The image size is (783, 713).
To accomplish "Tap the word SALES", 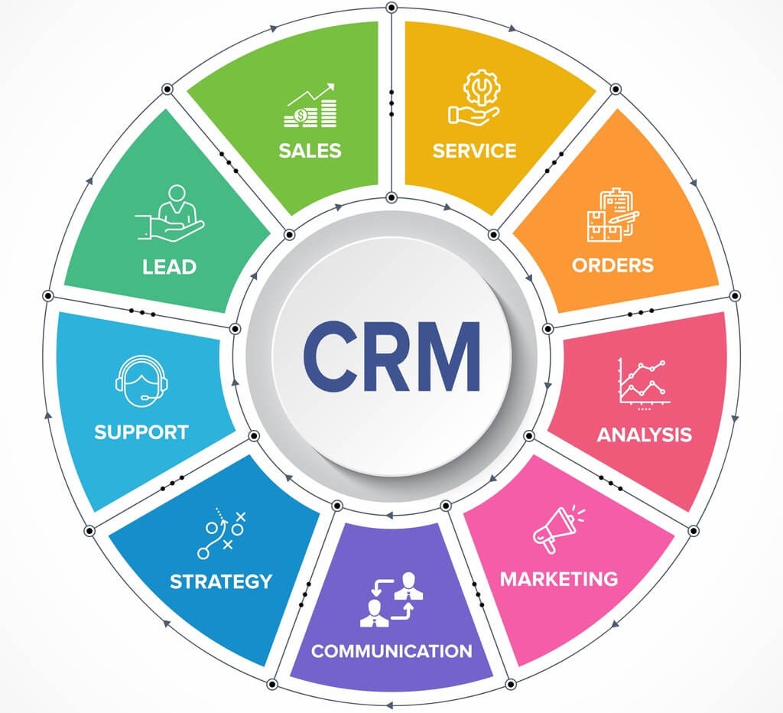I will pos(310,149).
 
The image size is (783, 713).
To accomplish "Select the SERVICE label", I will pos(474,150).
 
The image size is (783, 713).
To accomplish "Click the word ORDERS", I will pos(612,265).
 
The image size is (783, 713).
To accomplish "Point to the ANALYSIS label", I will pos(644,435).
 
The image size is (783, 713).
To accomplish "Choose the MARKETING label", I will pos(558,578).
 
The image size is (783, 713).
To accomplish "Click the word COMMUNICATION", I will pos(391,652).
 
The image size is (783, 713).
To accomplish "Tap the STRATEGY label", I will pos(220,581).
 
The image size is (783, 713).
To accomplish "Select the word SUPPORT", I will pos(141,432).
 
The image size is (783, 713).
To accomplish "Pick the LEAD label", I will pos(169,267).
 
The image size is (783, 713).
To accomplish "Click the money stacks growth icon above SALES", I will pos(310,106).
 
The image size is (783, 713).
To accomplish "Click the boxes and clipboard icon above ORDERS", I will pos(612,216).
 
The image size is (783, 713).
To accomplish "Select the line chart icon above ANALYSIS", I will pos(644,382).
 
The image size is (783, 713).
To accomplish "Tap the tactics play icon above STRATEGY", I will pos(222,532).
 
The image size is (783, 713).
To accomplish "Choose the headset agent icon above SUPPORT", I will pos(141,380).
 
